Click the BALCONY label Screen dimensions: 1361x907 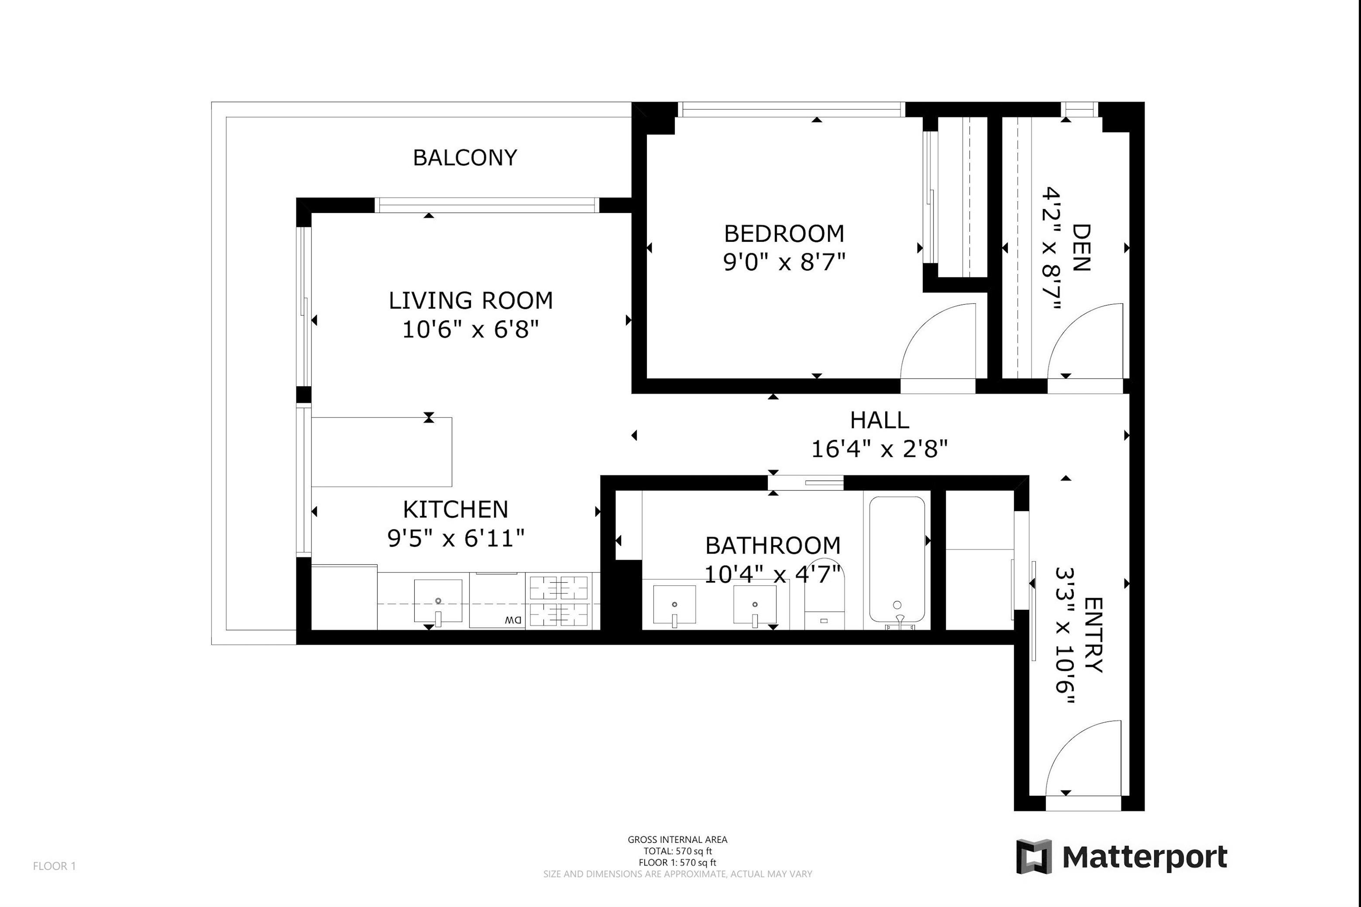pyautogui.click(x=465, y=157)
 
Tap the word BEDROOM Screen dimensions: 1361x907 pyautogui.click(x=784, y=234)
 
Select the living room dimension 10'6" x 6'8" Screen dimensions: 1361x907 pyautogui.click(x=471, y=330)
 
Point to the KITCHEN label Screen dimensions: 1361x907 pyautogui.click(x=456, y=510)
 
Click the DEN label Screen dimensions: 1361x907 pyautogui.click(x=1081, y=248)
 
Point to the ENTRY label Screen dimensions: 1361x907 pyautogui.click(x=1093, y=635)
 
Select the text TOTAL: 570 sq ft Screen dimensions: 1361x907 pyautogui.click(x=678, y=851)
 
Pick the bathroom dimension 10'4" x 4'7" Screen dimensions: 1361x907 pyautogui.click(x=773, y=574)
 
